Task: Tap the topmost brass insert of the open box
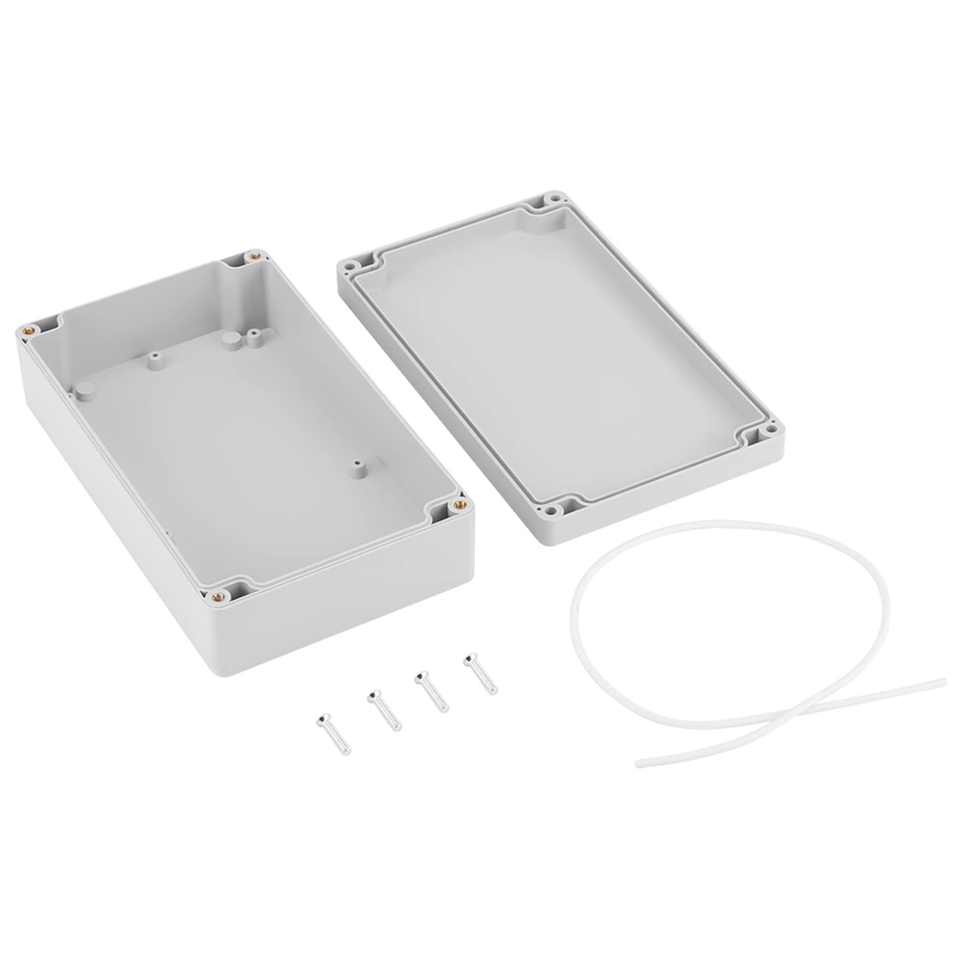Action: (255, 256)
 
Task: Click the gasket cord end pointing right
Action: (942, 681)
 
